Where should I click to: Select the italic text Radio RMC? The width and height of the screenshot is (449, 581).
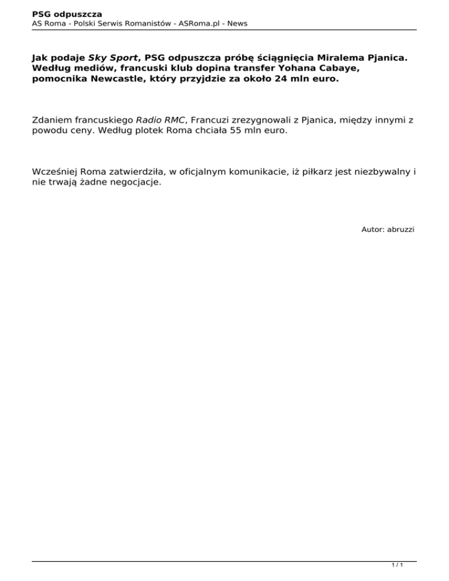click(160, 120)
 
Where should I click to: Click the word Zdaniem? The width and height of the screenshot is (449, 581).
click(54, 120)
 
